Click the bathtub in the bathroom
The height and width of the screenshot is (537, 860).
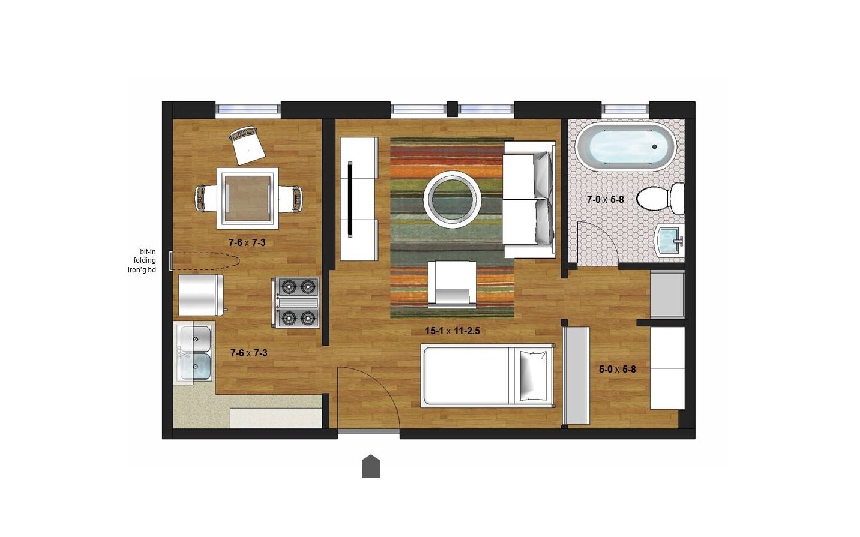click(625, 148)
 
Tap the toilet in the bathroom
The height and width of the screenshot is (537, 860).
click(660, 199)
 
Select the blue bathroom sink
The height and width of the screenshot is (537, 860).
click(669, 242)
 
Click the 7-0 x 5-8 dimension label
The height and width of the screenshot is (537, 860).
click(605, 199)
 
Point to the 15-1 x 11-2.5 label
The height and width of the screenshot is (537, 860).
click(453, 331)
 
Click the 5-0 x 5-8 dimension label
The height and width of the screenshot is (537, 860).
click(617, 370)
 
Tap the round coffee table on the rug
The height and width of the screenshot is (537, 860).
click(453, 200)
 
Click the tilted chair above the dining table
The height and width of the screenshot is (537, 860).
click(247, 145)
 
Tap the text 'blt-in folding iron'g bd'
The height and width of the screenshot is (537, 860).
click(142, 261)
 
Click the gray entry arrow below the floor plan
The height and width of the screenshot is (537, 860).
click(371, 467)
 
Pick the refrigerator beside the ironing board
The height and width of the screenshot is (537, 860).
click(201, 295)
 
